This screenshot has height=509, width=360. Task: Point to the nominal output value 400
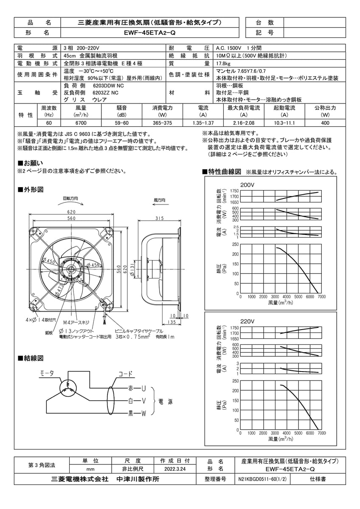tap(325, 123)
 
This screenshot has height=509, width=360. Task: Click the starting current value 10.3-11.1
tap(285, 123)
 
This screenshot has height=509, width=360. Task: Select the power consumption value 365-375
tap(162, 123)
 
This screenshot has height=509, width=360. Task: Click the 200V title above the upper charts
tap(247, 185)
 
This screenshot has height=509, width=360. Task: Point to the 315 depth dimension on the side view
tap(160, 218)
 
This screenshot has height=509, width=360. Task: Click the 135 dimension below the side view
tap(172, 322)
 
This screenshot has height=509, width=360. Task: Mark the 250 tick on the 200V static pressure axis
tap(235, 244)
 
